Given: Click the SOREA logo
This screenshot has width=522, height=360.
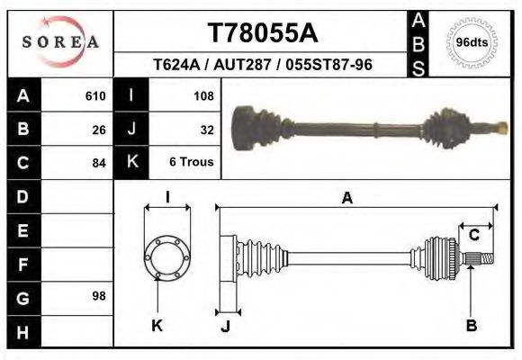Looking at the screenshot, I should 60,41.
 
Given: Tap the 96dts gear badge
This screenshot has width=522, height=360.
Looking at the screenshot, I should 471,41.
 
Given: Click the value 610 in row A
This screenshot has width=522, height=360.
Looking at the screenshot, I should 95,95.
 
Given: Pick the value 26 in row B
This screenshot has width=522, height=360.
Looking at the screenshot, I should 99,129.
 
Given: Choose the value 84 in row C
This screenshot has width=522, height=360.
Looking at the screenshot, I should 99,163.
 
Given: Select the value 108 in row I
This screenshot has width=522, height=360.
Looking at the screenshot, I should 203,95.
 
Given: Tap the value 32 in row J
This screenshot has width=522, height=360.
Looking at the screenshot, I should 207,129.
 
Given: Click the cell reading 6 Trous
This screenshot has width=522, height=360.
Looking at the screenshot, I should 192,163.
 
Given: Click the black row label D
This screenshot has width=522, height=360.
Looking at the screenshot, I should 22,196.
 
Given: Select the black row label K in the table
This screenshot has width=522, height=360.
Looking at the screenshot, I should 131,162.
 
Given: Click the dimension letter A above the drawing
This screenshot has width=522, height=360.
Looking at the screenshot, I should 346,199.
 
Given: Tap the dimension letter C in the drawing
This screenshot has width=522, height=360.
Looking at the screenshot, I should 473,236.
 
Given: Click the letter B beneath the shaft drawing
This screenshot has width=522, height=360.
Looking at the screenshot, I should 471,325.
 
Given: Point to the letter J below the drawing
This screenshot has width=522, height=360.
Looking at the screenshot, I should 225,326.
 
